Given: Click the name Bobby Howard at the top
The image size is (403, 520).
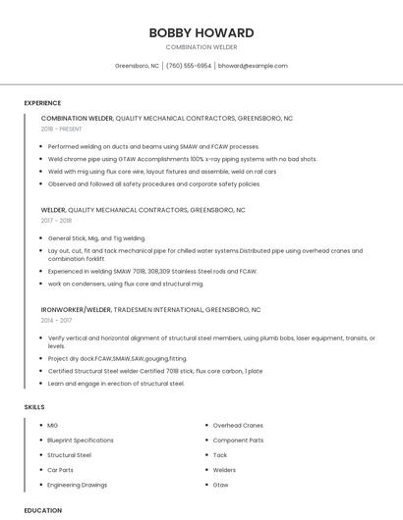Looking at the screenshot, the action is click(x=201, y=32).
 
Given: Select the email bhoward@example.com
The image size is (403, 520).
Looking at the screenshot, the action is click(x=253, y=66).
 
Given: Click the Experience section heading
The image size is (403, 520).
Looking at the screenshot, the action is click(x=42, y=103).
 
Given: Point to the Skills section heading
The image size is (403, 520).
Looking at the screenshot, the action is click(x=33, y=406).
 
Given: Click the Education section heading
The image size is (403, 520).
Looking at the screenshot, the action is click(x=42, y=510).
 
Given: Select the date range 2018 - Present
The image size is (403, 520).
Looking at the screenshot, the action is click(x=62, y=129).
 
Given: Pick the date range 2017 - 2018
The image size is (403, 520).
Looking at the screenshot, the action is click(x=57, y=221).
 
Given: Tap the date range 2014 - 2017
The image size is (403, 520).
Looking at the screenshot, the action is click(x=57, y=320).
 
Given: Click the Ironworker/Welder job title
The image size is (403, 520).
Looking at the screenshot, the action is click(x=76, y=309).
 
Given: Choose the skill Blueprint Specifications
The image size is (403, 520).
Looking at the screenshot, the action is click(x=81, y=441).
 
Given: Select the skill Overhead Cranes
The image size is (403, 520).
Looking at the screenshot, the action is click(x=238, y=426).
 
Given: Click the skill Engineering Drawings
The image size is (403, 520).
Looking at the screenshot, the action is click(x=78, y=485).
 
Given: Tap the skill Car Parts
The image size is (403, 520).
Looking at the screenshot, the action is click(x=61, y=470).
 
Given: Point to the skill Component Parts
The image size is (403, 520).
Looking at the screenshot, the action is click(x=238, y=441).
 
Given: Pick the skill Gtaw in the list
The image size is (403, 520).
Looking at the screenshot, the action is click(x=220, y=485).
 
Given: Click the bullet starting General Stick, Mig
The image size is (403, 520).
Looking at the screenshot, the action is click(x=96, y=238).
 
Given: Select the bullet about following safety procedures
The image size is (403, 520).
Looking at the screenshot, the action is click(x=154, y=183).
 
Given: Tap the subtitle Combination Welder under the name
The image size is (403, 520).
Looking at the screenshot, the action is click(x=201, y=47).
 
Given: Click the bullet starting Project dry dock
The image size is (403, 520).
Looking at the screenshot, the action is click(x=117, y=358).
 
